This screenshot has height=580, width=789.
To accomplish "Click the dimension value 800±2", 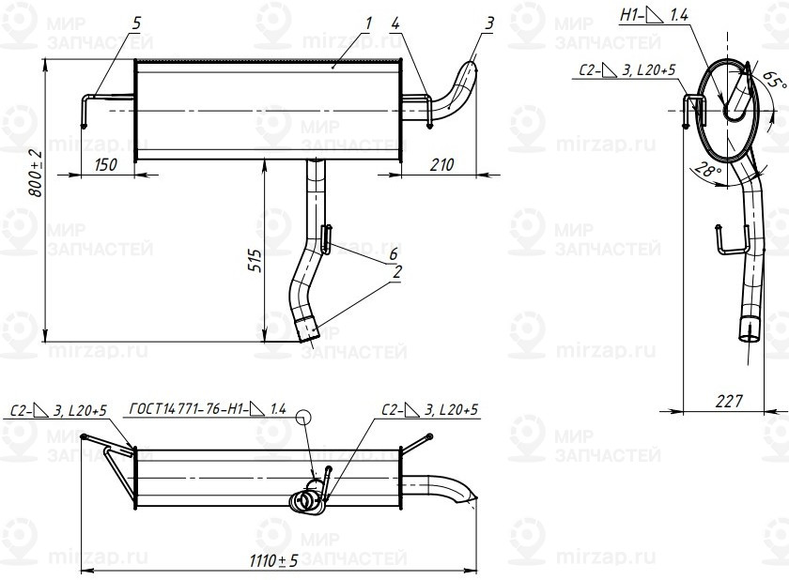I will pos(36,173).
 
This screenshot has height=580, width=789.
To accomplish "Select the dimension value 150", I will pos(107,164).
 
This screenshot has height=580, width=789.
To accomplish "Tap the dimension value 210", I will pos(441,164).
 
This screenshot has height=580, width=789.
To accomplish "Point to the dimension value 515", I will pos(253,265).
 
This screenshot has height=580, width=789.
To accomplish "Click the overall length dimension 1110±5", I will pos(275,560).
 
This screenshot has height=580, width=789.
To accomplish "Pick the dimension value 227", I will pos(727,401).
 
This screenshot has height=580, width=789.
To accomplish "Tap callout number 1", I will pos(368,22).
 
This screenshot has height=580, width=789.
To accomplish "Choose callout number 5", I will pos(137,22).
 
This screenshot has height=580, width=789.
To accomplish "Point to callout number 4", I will pos(395,22).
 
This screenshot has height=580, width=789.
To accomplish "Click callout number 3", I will pos(489,22).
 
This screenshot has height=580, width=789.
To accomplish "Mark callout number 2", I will pos(397,272).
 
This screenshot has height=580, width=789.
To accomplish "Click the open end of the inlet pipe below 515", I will pos(307,330).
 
